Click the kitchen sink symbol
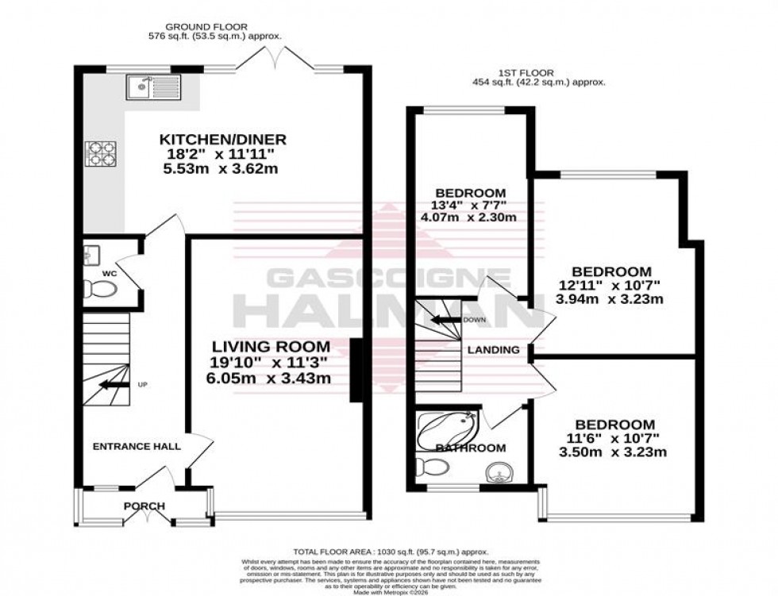tap(152, 87)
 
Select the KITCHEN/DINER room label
tap(221, 140)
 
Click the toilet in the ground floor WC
tap(100, 289)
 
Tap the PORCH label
tap(144, 506)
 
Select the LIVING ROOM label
tap(271, 346)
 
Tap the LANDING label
tap(493, 350)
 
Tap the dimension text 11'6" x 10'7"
tap(615, 439)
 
